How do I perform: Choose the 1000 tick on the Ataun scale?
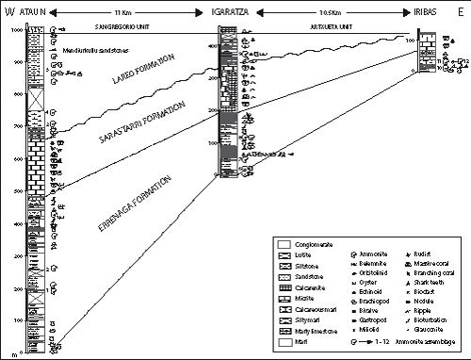[x=18, y=30]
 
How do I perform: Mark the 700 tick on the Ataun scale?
[x=18, y=127]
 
